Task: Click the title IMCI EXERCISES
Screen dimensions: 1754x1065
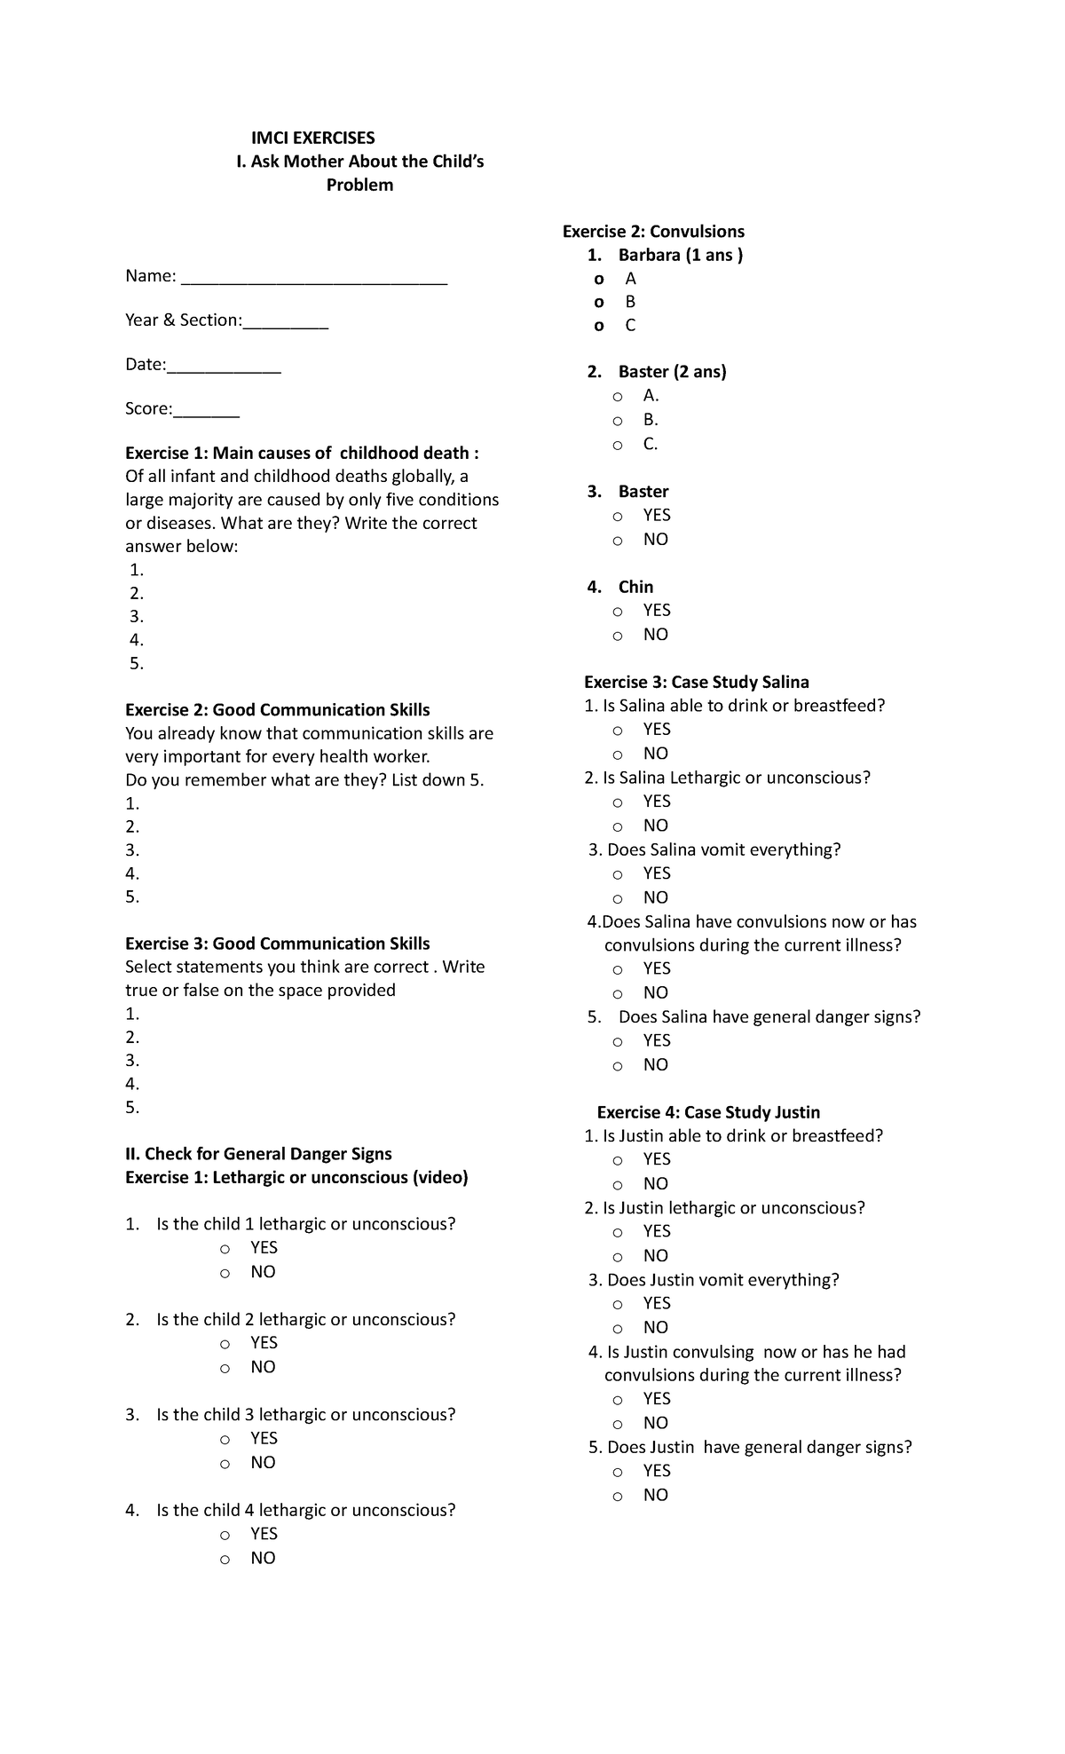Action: point(312,138)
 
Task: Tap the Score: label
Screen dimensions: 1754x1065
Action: point(149,409)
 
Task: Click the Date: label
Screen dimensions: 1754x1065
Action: point(146,365)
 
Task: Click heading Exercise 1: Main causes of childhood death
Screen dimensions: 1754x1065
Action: point(302,453)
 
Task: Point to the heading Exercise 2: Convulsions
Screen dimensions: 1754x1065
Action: point(653,232)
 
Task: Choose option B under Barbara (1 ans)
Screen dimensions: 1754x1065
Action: point(600,302)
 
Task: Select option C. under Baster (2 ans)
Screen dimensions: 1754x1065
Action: point(618,445)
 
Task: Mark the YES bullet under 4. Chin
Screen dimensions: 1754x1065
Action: point(618,612)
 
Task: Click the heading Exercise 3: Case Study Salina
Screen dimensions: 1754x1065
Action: point(696,683)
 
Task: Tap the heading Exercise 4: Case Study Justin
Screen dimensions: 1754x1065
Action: point(708,1112)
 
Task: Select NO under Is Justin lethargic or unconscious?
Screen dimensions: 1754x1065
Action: point(618,1257)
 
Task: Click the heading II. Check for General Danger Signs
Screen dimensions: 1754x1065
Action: point(258,1154)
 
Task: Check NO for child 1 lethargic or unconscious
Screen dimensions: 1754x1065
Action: point(225,1273)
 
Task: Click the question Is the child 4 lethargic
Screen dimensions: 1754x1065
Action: point(305,1510)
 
